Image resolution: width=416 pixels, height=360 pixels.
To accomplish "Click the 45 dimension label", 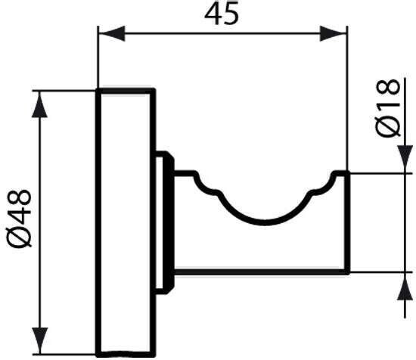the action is [x=222, y=14].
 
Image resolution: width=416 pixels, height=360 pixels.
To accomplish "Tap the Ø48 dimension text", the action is [x=19, y=219].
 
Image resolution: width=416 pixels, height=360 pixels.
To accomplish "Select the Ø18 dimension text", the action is [x=388, y=108].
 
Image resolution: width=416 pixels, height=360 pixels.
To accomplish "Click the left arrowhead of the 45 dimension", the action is [x=111, y=34].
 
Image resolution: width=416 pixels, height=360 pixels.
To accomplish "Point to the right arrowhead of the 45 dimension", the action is [x=334, y=34].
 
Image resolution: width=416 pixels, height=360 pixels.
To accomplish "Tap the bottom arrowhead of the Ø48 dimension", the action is [x=39, y=340].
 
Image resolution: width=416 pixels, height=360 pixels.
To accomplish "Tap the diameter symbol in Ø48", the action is [x=19, y=237].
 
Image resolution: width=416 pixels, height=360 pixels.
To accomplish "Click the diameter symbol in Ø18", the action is [x=388, y=127].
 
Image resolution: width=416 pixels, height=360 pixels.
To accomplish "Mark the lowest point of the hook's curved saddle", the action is [x=265, y=222].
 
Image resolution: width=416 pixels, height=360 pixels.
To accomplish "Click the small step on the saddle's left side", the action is [x=208, y=189].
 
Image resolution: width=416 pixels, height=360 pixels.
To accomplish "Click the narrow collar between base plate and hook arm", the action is [x=164, y=222].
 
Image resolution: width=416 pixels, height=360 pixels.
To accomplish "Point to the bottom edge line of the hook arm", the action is [x=262, y=272].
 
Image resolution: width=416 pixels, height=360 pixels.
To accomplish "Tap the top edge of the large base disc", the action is [x=126, y=91].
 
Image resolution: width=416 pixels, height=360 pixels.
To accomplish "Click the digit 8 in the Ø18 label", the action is [x=388, y=87].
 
